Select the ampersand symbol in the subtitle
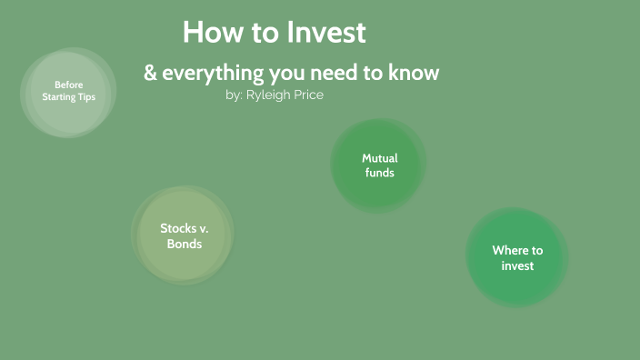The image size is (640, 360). coord(150,73)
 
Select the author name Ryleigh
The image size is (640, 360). coord(267,95)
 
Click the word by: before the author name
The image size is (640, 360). coord(234,95)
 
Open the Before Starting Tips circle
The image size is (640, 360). coord(68,93)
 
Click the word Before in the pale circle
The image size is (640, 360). coord(68,85)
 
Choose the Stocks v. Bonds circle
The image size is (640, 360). coord(184,236)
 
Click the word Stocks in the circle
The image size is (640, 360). coord(178,229)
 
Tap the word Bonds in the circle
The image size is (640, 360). coord(184,245)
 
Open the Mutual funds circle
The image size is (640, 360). coord(378,165)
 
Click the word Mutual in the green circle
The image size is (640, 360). coord(379,158)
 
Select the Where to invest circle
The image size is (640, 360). coord(516,258)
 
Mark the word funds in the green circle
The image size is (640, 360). coord(379,173)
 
